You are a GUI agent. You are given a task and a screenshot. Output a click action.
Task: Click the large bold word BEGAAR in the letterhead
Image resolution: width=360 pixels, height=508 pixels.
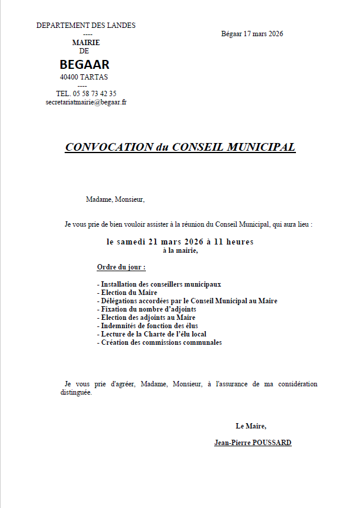click(x=85, y=65)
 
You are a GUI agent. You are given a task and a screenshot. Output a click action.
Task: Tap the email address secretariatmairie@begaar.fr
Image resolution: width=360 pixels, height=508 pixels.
click(x=86, y=102)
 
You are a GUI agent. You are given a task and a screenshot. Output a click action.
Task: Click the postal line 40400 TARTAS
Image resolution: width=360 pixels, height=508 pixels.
click(x=84, y=77)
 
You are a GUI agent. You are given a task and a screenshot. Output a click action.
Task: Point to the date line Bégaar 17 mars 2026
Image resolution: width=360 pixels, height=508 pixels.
click(x=252, y=34)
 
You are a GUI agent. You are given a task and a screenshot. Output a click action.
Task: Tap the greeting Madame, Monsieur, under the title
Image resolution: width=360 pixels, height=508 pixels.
click(x=115, y=199)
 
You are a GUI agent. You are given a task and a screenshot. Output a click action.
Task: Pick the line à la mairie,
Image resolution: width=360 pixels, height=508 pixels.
click(x=180, y=250)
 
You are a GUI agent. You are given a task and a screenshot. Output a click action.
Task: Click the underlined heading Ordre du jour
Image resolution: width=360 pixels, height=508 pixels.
click(x=121, y=266)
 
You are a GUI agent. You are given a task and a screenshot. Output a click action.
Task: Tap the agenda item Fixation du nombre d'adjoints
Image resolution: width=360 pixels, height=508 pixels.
click(x=146, y=309)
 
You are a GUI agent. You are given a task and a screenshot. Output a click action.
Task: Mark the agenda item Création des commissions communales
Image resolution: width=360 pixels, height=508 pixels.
click(x=159, y=342)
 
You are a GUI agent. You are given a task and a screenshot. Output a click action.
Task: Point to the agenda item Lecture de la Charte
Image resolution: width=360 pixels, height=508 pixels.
click(x=151, y=334)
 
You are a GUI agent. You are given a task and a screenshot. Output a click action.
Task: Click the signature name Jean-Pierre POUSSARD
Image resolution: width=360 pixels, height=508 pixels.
click(x=253, y=443)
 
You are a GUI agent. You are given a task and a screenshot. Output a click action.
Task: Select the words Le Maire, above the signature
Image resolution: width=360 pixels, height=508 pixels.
click(x=251, y=426)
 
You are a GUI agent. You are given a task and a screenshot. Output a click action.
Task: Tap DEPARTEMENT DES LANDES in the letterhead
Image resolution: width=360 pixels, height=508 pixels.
click(x=86, y=26)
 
